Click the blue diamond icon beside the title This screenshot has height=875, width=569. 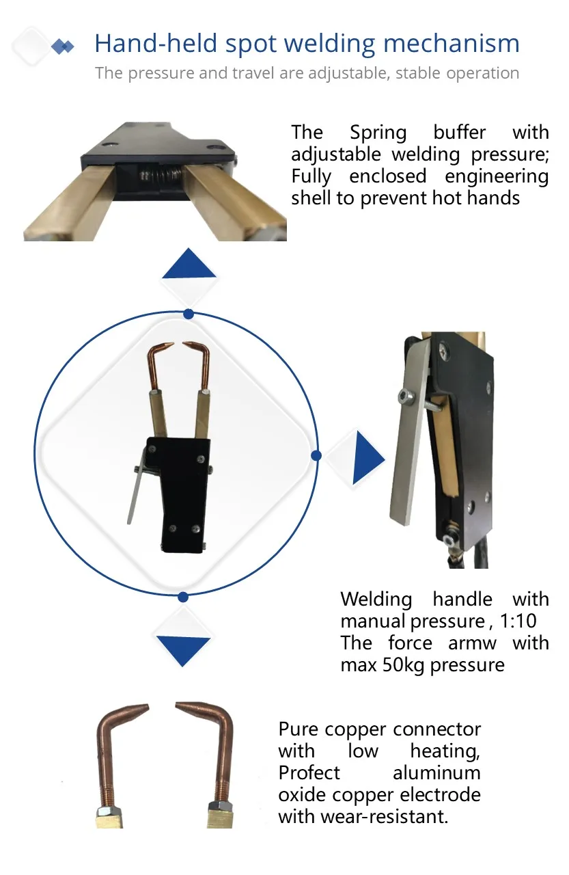point(63,46)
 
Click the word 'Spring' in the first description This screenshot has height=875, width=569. point(378,132)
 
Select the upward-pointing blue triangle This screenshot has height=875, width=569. point(189,265)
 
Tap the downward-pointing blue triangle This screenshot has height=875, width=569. point(183,648)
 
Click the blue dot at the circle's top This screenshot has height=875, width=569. point(189,314)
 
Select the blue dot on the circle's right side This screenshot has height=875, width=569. point(316,455)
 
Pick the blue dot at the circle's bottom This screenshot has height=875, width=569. point(182,597)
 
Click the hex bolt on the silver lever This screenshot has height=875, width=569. point(405,394)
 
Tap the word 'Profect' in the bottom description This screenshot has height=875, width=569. point(309,773)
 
